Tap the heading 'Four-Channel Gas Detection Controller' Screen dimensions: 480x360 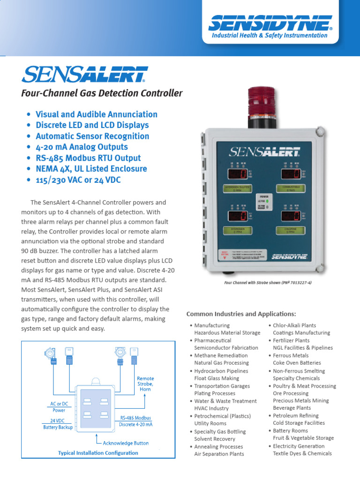click(x=102, y=93)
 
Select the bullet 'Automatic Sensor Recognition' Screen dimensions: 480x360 click(x=92, y=136)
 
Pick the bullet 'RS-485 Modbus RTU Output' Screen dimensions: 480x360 click(x=88, y=158)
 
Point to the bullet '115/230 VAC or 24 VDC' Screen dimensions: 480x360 click(x=82, y=180)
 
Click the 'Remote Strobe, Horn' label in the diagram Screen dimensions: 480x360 click(x=145, y=384)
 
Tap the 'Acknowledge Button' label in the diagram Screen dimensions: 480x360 click(x=126, y=443)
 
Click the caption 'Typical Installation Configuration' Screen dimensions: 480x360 click(x=98, y=453)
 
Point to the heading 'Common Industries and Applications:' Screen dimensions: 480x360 click(x=241, y=314)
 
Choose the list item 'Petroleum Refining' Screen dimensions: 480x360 click(x=295, y=416)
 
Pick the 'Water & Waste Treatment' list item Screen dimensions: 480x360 click(x=225, y=401)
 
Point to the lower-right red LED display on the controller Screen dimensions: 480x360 click(x=291, y=217)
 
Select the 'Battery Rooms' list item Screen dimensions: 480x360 click(x=290, y=431)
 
